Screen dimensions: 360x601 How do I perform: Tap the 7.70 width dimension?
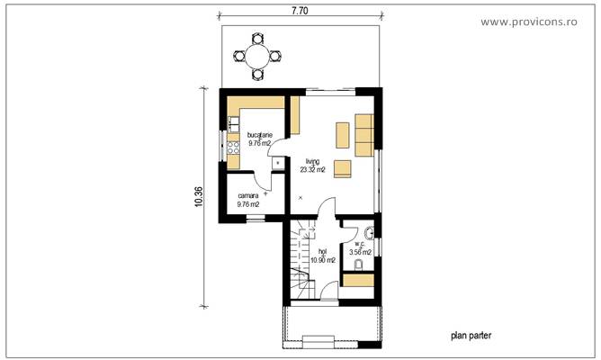tap(300, 11)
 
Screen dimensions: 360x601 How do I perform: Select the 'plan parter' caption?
tap(471, 336)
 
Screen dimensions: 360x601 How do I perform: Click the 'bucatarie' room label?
tap(247, 134)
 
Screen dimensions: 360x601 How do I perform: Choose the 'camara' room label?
tap(247, 195)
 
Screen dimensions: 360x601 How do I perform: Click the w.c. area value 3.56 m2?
tap(361, 252)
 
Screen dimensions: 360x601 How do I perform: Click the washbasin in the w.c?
tap(370, 234)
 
